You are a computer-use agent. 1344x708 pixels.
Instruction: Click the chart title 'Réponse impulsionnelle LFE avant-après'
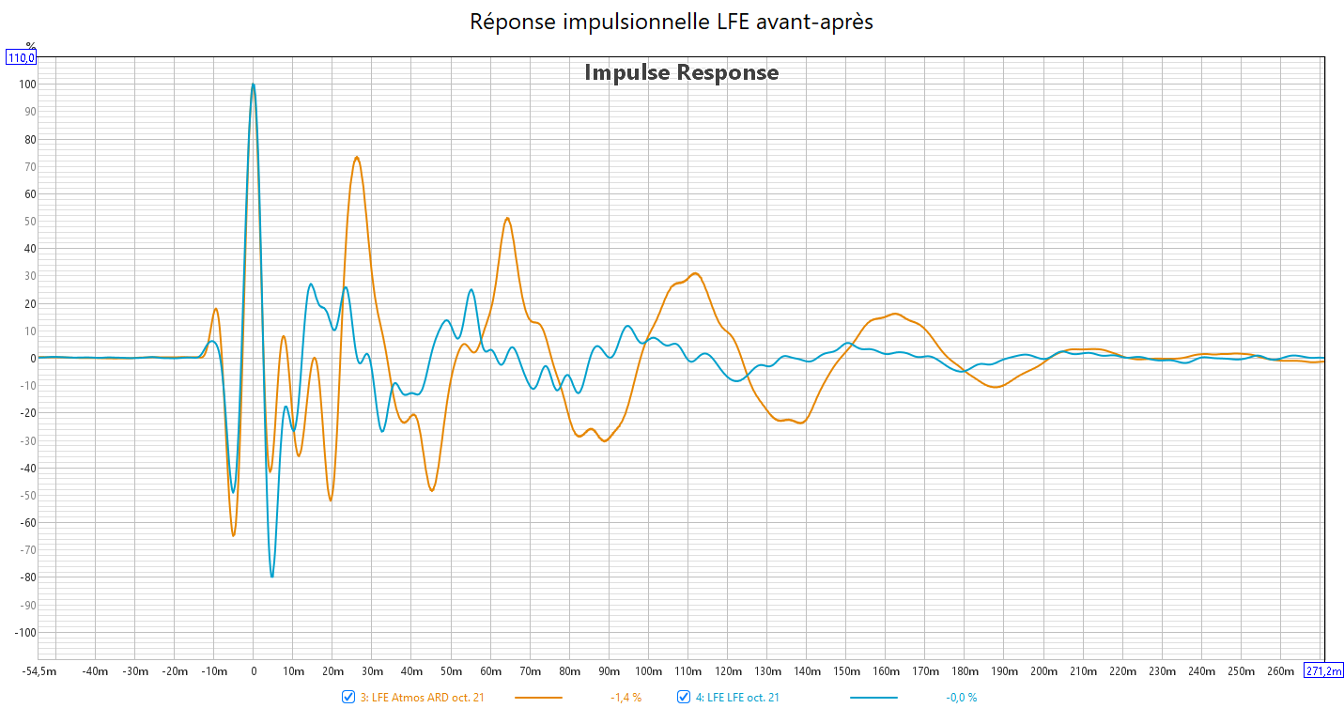(672, 22)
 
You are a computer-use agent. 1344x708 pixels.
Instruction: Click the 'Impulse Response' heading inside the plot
(681, 72)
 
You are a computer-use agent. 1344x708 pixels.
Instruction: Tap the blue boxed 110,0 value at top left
(22, 58)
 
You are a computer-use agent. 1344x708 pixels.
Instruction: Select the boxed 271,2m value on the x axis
(1323, 670)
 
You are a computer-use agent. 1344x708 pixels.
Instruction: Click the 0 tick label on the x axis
(253, 671)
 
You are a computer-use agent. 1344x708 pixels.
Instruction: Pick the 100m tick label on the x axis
(648, 671)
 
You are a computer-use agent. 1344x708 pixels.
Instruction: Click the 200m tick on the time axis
(1043, 671)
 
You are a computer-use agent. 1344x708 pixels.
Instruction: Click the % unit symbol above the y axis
(30, 45)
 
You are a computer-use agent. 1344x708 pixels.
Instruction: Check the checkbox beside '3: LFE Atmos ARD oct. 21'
(348, 697)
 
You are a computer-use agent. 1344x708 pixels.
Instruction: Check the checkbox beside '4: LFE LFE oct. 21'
(684, 697)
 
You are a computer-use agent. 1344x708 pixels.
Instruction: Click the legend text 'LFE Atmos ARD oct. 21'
(425, 697)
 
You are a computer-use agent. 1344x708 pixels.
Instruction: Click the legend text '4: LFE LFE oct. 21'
(737, 697)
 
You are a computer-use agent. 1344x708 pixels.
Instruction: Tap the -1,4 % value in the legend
(626, 697)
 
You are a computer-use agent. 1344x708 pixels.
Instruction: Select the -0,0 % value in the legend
(961, 697)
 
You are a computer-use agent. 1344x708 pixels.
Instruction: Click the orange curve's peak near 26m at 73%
(357, 157)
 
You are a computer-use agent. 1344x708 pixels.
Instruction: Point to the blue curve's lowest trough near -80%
(271, 577)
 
